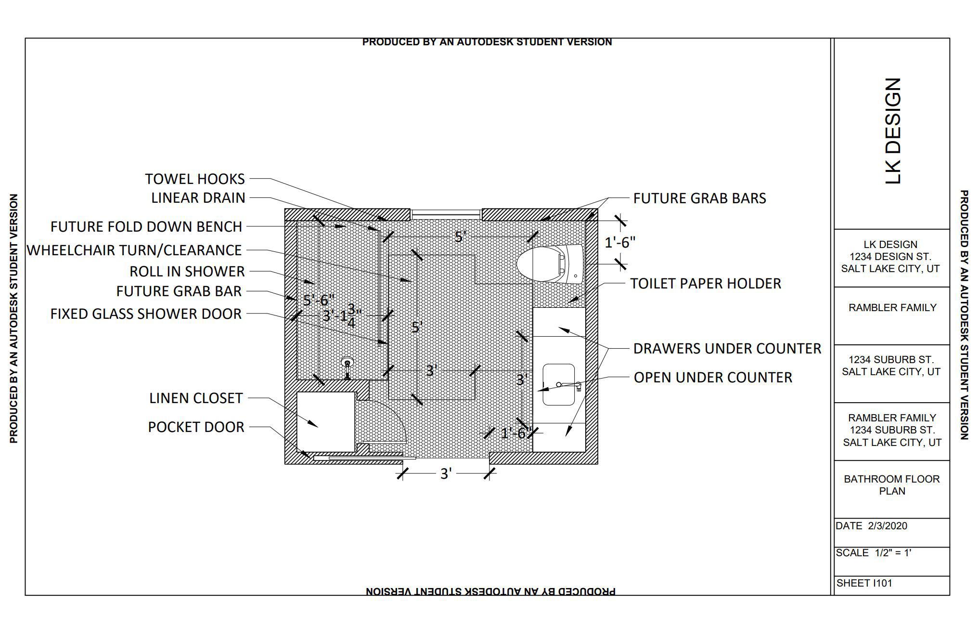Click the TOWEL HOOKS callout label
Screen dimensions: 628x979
(x=195, y=179)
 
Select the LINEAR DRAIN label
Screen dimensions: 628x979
(x=198, y=198)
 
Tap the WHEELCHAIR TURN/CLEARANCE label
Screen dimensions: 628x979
(x=134, y=250)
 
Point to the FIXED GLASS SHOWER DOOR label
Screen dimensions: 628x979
(x=146, y=314)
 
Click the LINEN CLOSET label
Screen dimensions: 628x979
(x=196, y=398)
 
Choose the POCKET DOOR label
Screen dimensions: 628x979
(x=196, y=427)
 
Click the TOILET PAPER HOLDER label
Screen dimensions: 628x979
(x=706, y=284)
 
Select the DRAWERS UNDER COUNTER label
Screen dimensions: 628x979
(x=727, y=349)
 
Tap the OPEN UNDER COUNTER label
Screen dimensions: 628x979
(x=713, y=378)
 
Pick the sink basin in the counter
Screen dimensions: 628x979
(x=558, y=384)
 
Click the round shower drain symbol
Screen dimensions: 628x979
(x=347, y=362)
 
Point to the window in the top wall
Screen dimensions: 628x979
(x=446, y=212)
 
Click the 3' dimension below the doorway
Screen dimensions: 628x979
(x=446, y=474)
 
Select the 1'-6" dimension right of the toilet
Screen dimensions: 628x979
(x=620, y=243)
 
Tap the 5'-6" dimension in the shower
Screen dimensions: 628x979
(x=318, y=301)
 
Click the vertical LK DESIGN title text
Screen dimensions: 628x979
(x=892, y=131)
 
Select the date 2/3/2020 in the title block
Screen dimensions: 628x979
(x=888, y=526)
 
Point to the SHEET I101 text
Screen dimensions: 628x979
(x=864, y=583)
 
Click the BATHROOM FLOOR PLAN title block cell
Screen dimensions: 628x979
(x=891, y=485)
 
